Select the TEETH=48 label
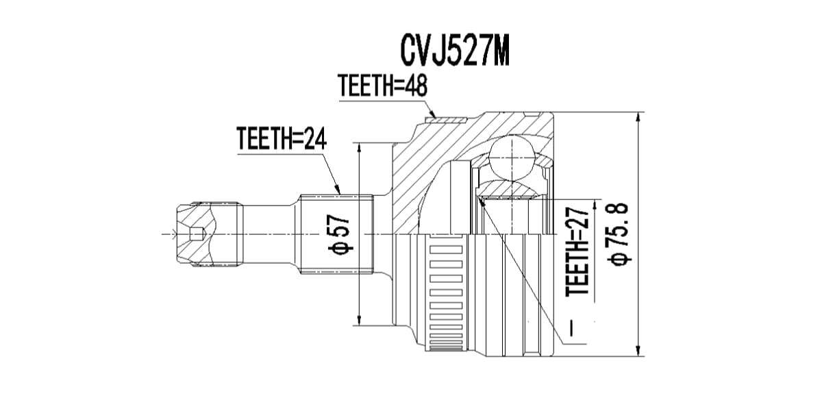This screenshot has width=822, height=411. coord(383,86)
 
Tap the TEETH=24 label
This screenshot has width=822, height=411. coord(282,138)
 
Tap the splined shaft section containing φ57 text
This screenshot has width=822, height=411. coord(336,234)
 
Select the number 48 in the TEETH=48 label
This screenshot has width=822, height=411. coord(415,86)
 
